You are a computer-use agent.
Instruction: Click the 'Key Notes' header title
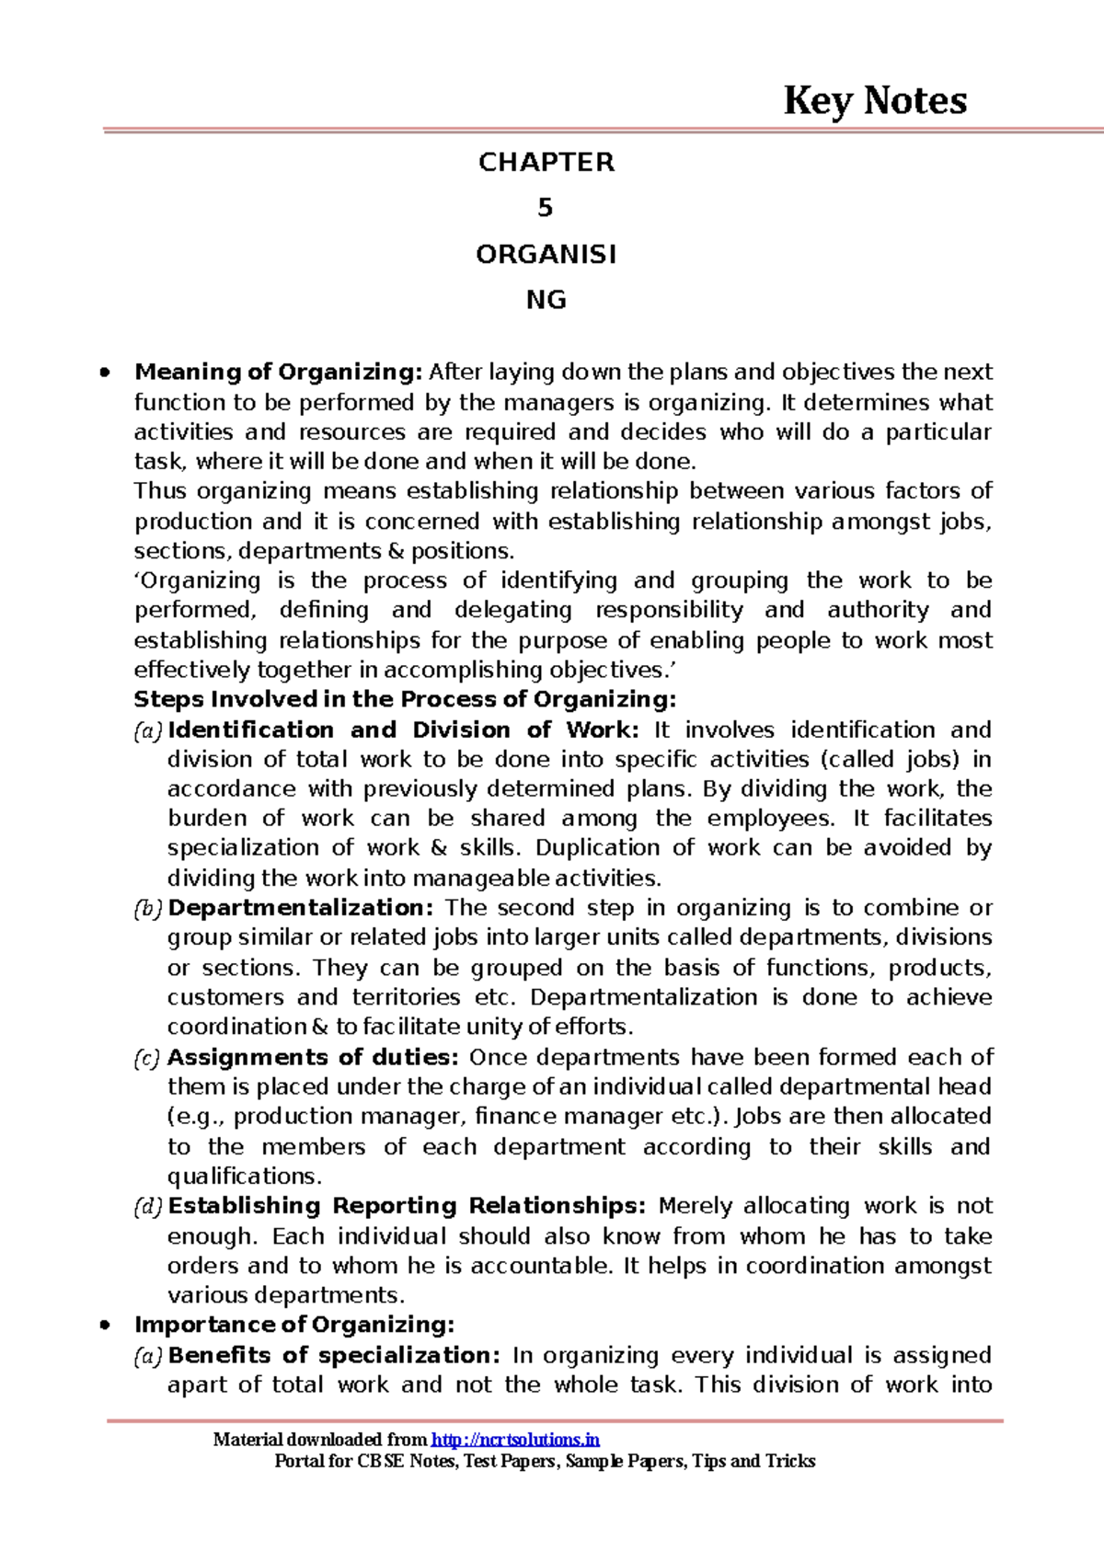874,101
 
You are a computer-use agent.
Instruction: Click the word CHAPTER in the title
546,163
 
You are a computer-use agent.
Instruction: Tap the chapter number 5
546,209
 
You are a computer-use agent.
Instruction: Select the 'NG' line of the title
546,301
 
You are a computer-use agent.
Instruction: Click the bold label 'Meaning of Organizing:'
278,373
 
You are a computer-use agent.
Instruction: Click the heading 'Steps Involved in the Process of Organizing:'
405,700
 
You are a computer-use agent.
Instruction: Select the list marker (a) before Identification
148,731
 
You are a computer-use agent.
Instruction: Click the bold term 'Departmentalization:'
300,909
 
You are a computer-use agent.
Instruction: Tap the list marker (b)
148,910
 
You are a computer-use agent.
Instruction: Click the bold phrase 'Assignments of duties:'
313,1058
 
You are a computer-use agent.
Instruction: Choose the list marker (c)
148,1059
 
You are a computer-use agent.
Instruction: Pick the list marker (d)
148,1207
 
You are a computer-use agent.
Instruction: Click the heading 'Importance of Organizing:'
294,1326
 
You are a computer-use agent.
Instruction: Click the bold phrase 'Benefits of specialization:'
334,1356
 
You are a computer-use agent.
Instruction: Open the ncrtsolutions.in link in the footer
515,1441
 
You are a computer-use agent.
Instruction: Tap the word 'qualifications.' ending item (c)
245,1177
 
